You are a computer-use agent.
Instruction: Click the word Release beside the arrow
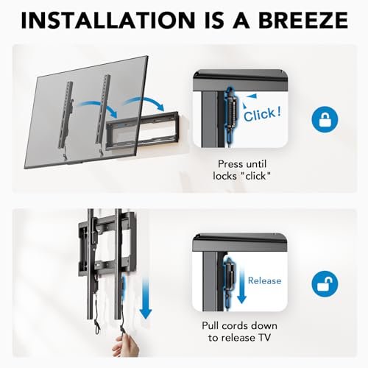click(x=264, y=280)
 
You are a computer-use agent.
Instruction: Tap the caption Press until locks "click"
click(x=244, y=171)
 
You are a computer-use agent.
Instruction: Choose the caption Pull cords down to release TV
click(x=244, y=333)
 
